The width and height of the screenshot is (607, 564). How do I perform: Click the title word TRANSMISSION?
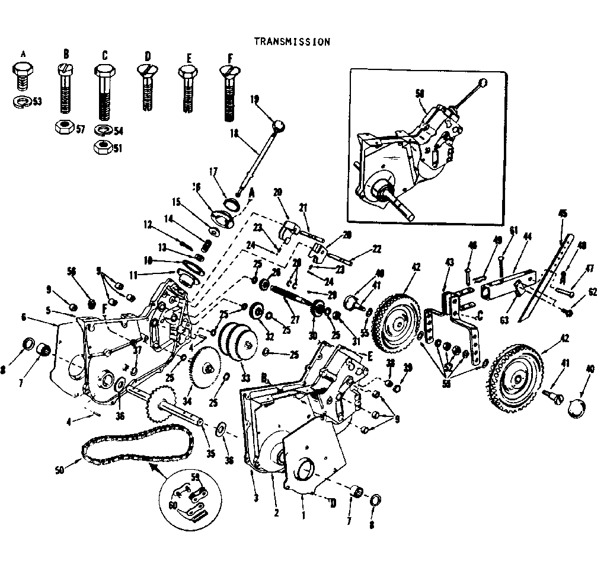point(292,42)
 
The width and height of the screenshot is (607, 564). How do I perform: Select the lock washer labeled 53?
point(22,100)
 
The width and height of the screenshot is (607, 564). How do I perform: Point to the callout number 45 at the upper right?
point(563,213)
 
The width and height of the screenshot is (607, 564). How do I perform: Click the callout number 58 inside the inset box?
point(420,94)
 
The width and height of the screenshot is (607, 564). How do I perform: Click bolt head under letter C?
point(105,75)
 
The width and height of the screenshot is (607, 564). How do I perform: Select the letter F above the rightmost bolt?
point(229,57)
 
